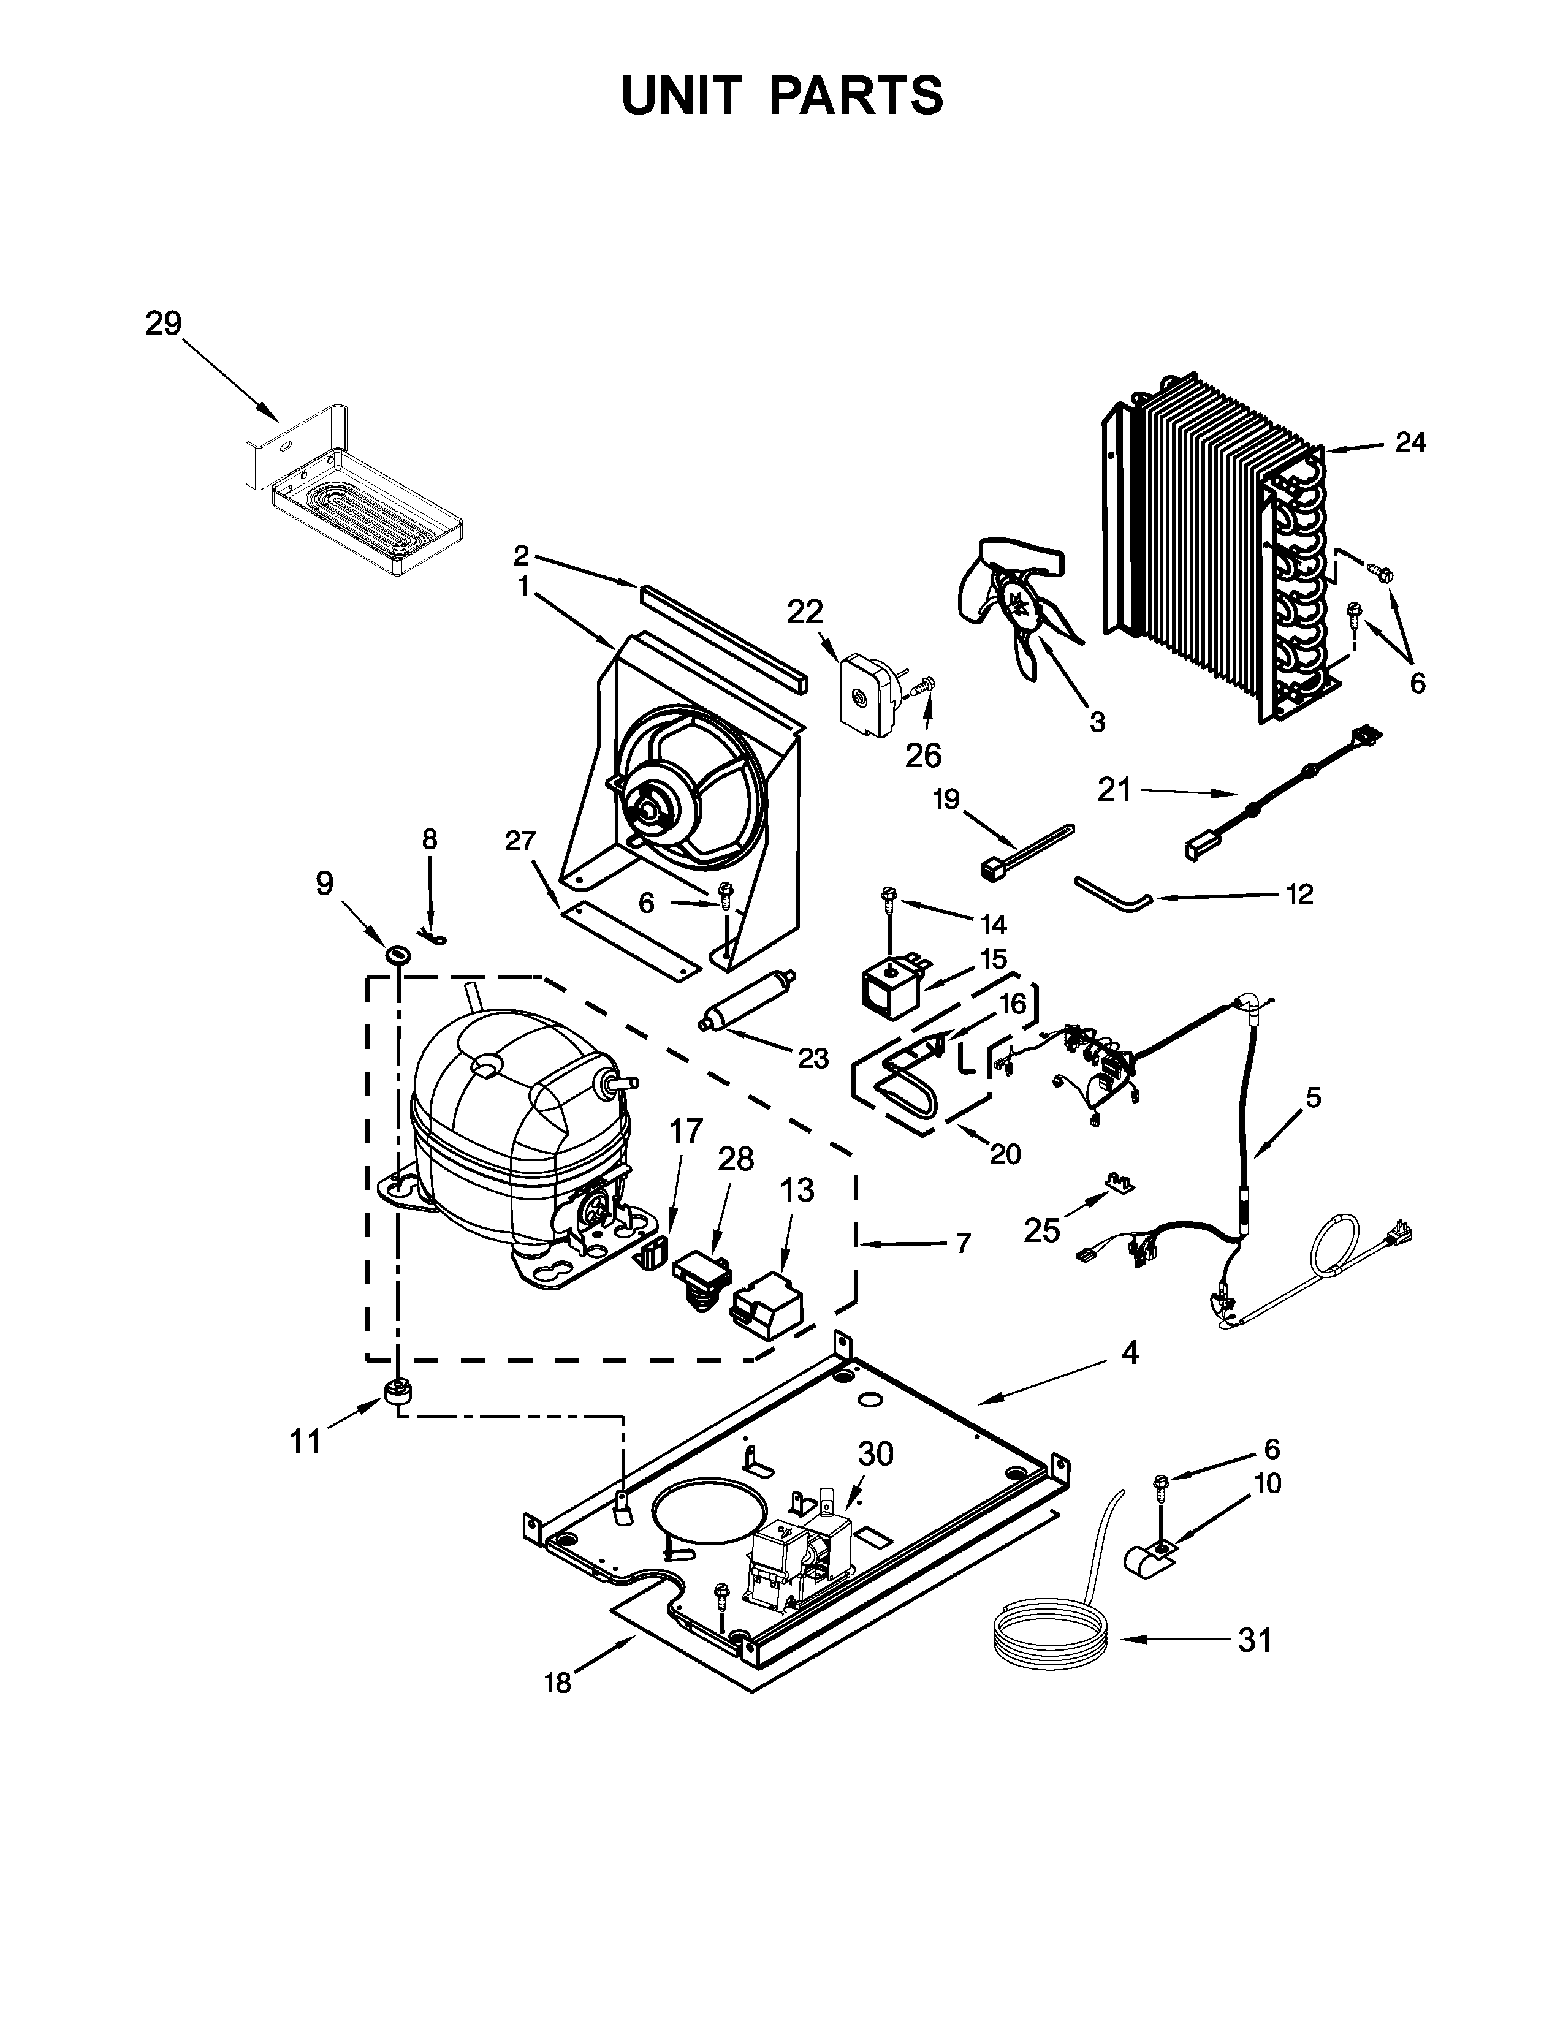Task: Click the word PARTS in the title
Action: [856, 96]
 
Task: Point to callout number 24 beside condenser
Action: [1410, 444]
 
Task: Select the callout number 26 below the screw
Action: [923, 755]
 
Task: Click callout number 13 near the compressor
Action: [796, 1190]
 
